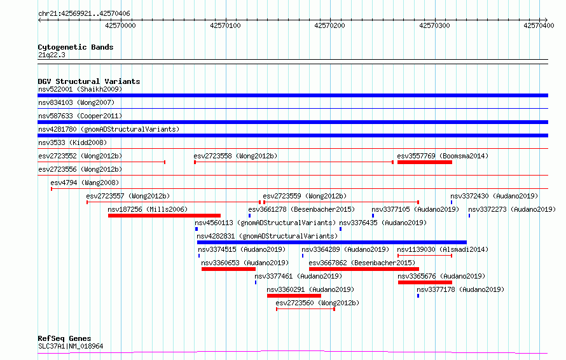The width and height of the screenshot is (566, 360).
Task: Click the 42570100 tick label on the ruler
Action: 225,25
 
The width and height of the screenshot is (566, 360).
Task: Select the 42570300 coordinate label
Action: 434,25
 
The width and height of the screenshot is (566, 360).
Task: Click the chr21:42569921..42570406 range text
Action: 84,14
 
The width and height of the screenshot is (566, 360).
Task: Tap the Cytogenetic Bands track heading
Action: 76,47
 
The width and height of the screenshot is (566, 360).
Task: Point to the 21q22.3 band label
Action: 52,55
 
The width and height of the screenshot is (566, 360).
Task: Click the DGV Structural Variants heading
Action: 89,81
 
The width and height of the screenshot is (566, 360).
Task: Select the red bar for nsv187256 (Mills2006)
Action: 164,216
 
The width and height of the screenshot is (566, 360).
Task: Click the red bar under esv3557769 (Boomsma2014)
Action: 425,162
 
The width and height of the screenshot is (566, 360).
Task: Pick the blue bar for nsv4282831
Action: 332,242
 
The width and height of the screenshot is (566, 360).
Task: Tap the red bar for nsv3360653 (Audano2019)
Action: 228,269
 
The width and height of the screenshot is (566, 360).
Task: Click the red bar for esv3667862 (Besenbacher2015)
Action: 364,269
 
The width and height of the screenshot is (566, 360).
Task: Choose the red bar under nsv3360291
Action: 294,296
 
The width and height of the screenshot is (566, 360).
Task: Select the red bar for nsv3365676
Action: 425,282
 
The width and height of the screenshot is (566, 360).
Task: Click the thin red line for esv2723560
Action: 305,309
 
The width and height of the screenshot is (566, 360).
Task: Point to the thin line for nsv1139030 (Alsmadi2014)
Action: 425,256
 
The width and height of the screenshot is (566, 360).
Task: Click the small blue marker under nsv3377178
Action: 418,296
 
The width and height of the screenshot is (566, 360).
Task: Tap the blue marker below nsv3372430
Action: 452,202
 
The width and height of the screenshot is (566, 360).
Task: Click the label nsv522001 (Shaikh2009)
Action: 80,89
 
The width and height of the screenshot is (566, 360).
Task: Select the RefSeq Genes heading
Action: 64,338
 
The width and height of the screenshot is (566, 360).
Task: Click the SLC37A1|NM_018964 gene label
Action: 71,346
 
